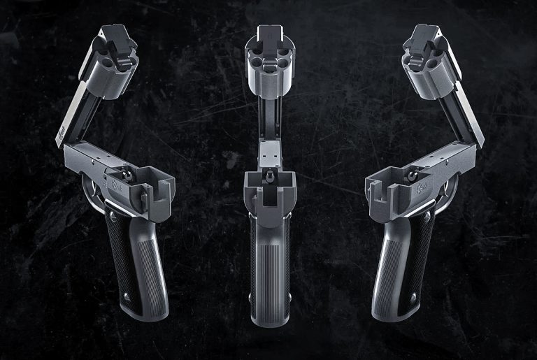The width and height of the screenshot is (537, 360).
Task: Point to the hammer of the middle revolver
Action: click(269, 179)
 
